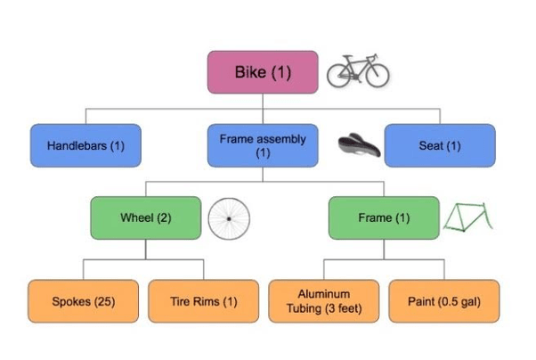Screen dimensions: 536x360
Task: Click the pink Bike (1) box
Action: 263,72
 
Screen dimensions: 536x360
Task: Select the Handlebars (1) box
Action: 85,145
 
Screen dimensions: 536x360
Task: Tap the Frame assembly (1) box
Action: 263,145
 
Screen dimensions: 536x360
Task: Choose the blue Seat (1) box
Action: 440,145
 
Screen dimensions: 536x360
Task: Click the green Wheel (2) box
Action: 146,217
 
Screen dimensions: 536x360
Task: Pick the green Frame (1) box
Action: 384,217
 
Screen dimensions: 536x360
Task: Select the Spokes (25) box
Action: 84,301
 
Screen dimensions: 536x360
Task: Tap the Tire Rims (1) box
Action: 204,301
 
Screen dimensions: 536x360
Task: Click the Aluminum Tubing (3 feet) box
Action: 324,301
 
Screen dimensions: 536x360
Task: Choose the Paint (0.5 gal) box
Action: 444,301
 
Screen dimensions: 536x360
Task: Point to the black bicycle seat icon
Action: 359,145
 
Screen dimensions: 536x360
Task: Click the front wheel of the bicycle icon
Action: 378,64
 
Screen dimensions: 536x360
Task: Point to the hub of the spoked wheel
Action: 229,218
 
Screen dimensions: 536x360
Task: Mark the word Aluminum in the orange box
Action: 324,294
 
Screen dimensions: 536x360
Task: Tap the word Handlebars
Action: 77,146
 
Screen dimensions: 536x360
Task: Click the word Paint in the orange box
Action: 421,301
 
